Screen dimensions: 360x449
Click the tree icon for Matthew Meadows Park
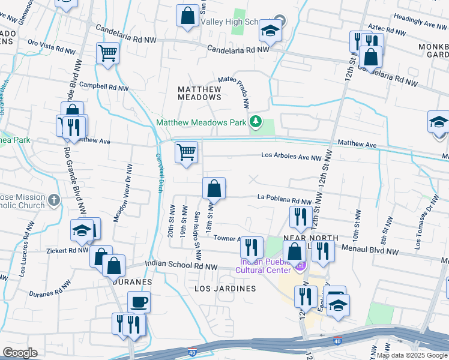click(x=256, y=122)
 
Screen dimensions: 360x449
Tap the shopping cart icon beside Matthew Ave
click(x=187, y=152)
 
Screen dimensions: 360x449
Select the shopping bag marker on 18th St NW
click(x=214, y=188)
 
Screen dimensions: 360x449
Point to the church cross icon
click(x=54, y=200)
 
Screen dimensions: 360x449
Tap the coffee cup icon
click(x=139, y=302)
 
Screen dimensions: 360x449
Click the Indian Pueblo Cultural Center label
click(x=264, y=266)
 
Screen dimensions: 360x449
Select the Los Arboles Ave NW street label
click(x=292, y=157)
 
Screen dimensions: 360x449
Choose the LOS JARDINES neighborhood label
click(x=225, y=289)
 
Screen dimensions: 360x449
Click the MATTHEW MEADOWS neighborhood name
click(x=200, y=92)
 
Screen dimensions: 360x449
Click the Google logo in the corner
click(x=20, y=353)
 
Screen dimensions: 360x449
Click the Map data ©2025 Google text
click(x=412, y=355)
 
